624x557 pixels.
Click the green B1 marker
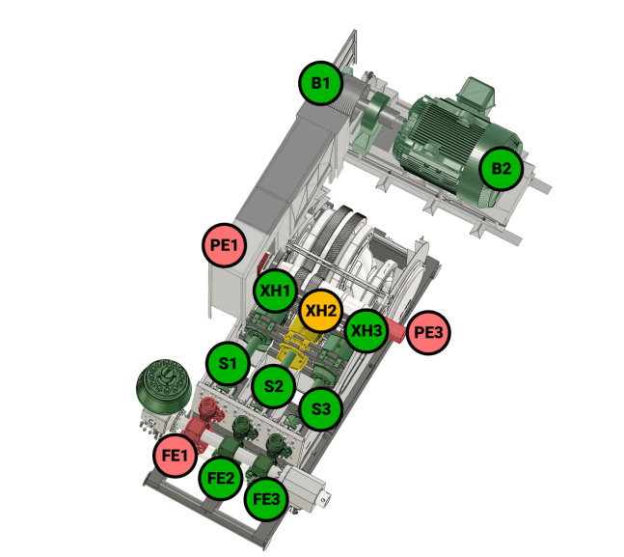[x=320, y=83]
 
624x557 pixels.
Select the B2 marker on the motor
[x=501, y=168]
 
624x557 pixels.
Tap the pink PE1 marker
[x=224, y=244]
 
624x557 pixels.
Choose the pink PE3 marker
[x=428, y=332]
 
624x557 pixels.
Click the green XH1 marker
[x=275, y=291]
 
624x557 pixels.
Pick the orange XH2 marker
[x=320, y=311]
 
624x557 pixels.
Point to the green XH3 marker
[x=366, y=330]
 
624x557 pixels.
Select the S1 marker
[x=228, y=363]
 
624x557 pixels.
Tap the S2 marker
[x=274, y=386]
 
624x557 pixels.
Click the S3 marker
[x=321, y=408]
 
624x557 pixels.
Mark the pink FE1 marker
[x=176, y=455]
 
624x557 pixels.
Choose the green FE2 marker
[x=221, y=477]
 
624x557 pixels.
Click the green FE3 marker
[x=266, y=499]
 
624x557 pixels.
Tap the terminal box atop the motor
[x=475, y=94]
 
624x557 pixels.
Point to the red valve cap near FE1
[x=207, y=407]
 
